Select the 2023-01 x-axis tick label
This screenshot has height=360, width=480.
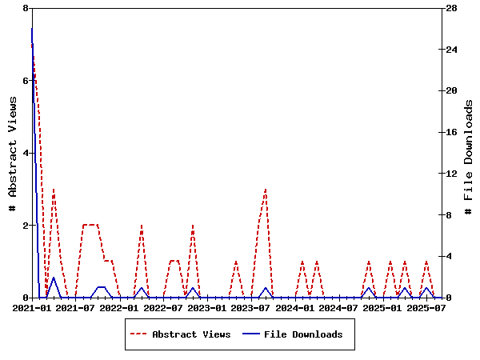[208, 307]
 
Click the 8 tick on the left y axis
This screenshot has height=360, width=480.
[26, 8]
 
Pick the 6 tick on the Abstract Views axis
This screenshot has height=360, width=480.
[26, 81]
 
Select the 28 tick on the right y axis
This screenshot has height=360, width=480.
[452, 8]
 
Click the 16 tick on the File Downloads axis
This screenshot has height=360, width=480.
[452, 132]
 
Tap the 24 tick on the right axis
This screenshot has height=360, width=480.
[452, 50]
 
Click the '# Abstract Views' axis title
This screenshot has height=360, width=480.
[12, 153]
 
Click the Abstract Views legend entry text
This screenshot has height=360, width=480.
[191, 334]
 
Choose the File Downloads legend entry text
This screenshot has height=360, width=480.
[303, 334]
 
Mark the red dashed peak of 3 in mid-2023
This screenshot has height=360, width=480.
[266, 190]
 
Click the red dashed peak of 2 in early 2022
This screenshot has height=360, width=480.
[142, 226]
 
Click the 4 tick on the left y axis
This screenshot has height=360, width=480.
[26, 153]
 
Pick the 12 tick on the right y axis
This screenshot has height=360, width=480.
[452, 174]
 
